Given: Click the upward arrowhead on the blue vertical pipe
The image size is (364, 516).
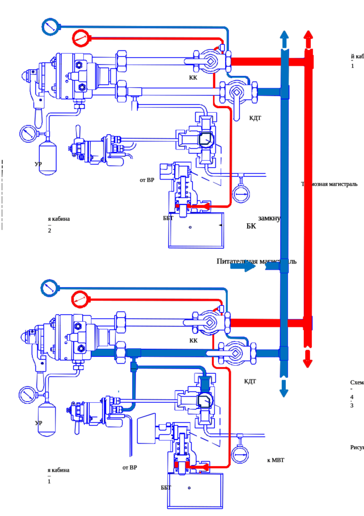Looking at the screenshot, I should click(x=285, y=35).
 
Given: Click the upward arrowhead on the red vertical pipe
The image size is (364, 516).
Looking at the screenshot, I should click(x=308, y=35).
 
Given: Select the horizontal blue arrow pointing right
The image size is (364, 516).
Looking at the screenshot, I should click(x=244, y=266).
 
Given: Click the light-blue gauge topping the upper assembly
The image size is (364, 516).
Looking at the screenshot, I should click(x=50, y=27).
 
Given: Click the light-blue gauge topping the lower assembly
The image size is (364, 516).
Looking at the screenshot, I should click(x=50, y=287).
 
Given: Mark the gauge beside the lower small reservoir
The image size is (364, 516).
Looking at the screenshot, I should click(x=27, y=392).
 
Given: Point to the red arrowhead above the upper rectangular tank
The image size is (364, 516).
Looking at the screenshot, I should click(x=206, y=206).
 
